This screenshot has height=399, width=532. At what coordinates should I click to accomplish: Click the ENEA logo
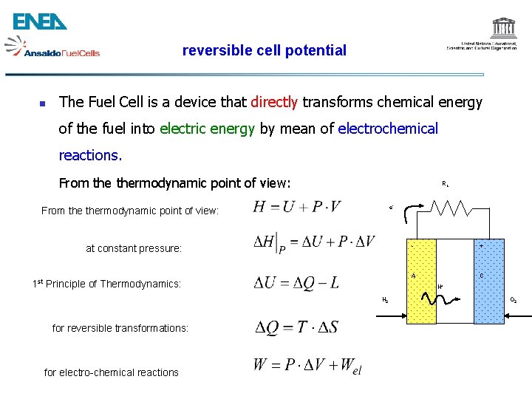[x=40, y=21]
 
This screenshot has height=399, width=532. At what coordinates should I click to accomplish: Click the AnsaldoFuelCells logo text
[x=61, y=52]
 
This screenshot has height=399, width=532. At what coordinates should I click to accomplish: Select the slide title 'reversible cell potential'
[x=264, y=50]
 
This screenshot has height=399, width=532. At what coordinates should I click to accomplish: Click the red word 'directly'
[x=274, y=102]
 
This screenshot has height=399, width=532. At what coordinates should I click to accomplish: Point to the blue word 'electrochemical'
[x=388, y=129]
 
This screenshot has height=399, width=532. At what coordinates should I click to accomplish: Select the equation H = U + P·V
[x=296, y=206]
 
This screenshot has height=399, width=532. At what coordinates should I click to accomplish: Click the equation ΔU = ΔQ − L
[x=296, y=283]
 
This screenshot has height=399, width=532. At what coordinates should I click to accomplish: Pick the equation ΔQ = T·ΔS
[x=296, y=327]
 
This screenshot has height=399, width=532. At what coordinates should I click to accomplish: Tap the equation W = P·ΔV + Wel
[x=307, y=365]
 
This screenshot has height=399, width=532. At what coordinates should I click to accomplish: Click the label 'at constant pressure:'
[x=134, y=248]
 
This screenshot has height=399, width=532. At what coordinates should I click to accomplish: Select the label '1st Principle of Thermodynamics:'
[x=107, y=283]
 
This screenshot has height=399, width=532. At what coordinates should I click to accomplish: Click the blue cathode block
[x=488, y=282]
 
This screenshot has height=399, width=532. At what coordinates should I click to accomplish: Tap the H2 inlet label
[x=386, y=300]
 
